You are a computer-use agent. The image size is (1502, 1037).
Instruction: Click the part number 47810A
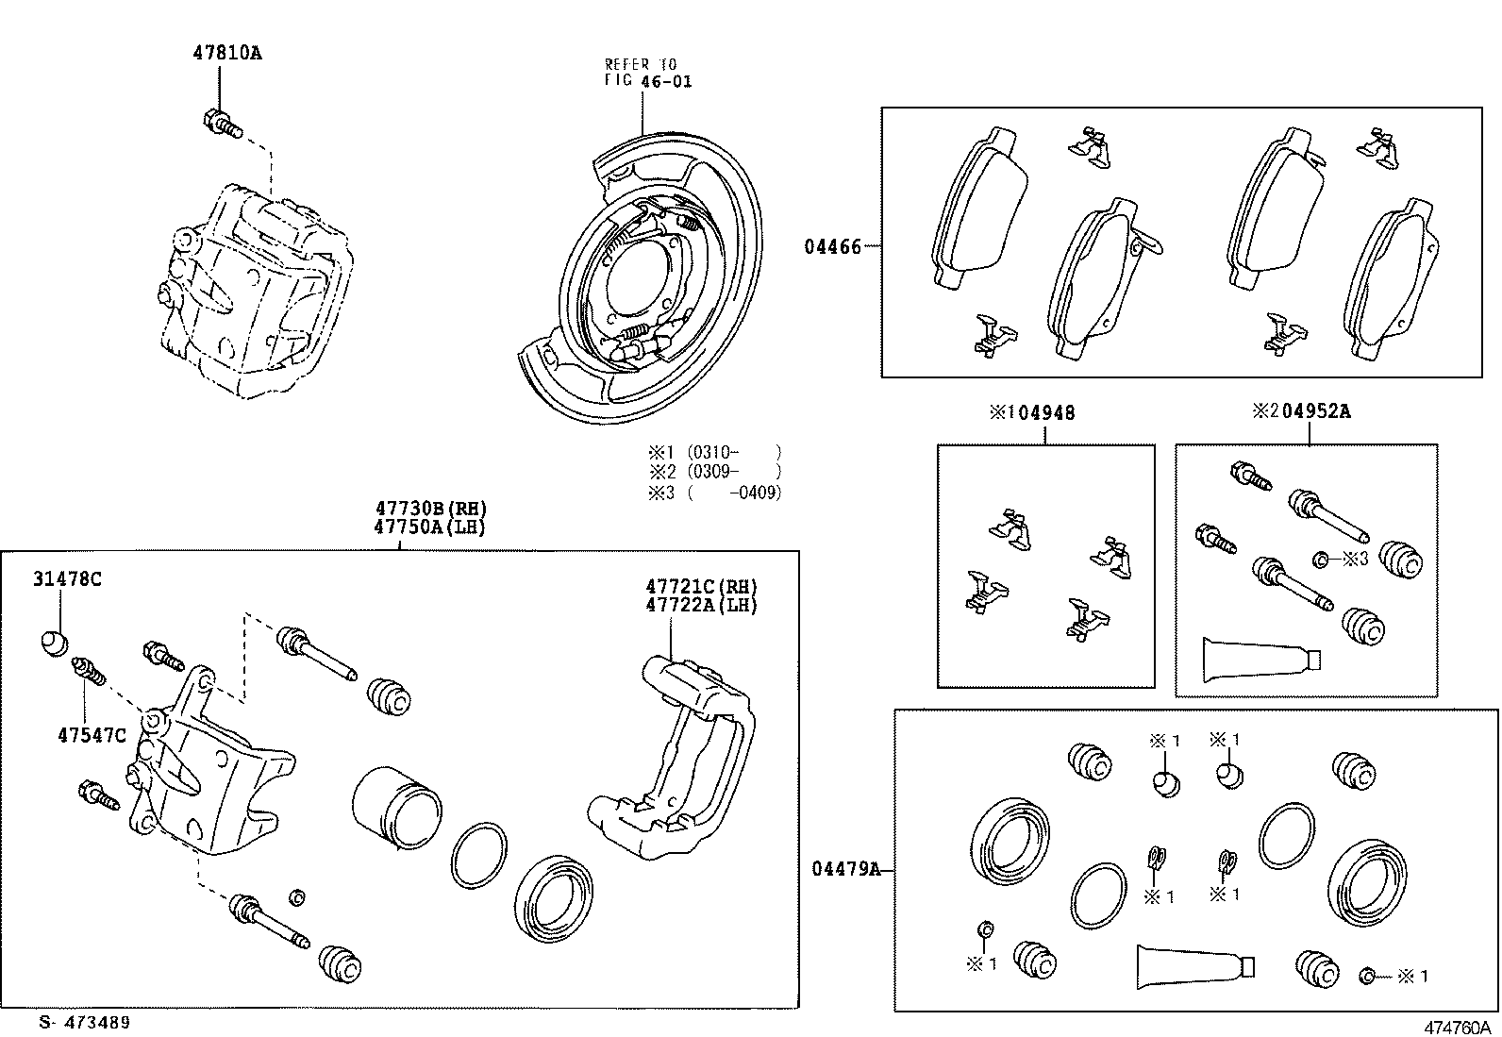(x=227, y=54)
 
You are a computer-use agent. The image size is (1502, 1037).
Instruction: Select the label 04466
(x=833, y=247)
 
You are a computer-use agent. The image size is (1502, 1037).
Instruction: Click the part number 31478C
(x=67, y=579)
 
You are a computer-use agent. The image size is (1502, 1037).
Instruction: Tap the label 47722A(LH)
(x=701, y=605)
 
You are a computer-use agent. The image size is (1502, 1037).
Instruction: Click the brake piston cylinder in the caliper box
(x=396, y=804)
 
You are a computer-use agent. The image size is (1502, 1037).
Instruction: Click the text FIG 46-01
(x=648, y=82)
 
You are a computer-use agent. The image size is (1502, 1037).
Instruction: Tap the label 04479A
(x=845, y=870)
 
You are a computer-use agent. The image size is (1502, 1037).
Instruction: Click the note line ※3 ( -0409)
(x=714, y=493)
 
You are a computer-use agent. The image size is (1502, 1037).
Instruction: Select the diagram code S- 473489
(x=84, y=1023)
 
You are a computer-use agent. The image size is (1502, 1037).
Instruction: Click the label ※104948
(x=1031, y=412)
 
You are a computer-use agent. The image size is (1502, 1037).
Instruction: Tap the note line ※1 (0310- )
(x=714, y=452)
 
